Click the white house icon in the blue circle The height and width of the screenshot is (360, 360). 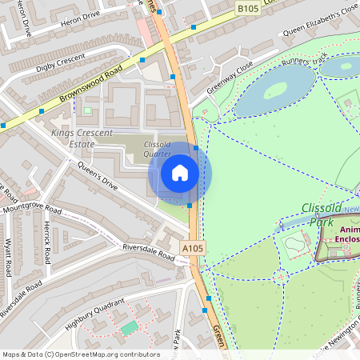click(x=180, y=173)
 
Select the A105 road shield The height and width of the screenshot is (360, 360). click(x=192, y=250)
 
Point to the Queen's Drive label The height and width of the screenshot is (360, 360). click(x=98, y=176)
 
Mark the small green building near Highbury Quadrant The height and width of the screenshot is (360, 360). click(x=129, y=328)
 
